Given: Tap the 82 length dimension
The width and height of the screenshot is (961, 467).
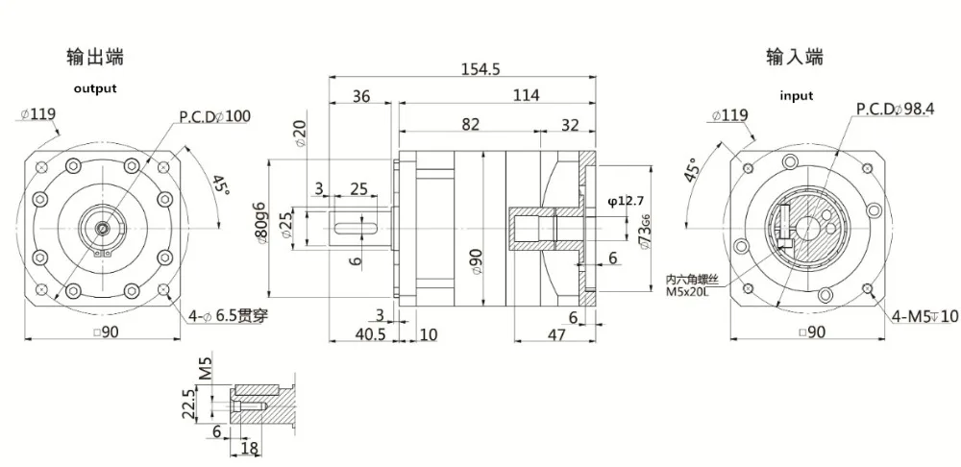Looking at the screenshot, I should [x=470, y=124].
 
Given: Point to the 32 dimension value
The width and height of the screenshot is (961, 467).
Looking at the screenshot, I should [x=569, y=124].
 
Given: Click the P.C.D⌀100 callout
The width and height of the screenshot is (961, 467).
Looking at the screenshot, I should [x=214, y=116].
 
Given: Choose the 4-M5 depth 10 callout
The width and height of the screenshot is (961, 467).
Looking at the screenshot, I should [x=924, y=315].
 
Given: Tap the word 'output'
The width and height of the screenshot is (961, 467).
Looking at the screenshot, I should [x=95, y=88].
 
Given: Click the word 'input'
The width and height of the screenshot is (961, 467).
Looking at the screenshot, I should [x=796, y=95].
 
